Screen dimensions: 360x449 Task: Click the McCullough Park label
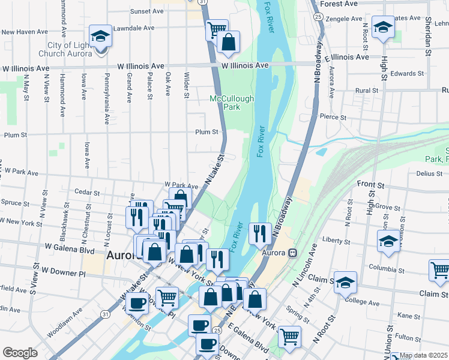(232, 103)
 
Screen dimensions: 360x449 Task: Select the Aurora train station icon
(293, 253)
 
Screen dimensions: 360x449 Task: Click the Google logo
(20, 353)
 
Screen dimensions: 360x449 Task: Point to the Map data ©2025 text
(424, 355)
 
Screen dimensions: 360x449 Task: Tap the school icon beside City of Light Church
(100, 35)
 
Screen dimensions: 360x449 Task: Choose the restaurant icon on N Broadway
(259, 233)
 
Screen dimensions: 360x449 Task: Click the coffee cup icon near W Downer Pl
(137, 302)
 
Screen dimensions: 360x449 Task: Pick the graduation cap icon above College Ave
(345, 281)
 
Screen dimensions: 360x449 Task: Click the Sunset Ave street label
(147, 11)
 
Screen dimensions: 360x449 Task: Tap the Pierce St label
(334, 116)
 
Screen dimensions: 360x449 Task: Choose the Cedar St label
(88, 193)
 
